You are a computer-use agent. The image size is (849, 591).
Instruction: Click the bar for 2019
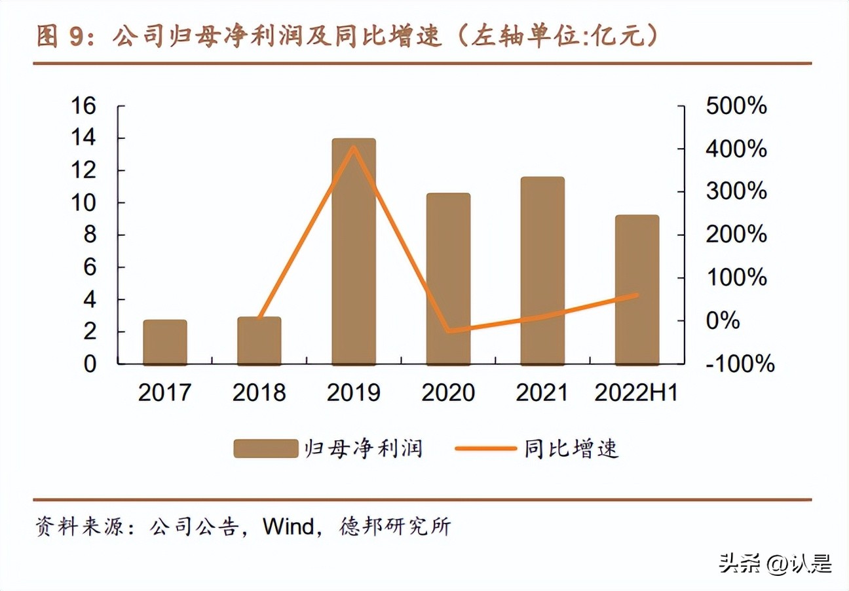point(354,252)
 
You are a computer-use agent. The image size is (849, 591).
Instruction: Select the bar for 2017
point(165,342)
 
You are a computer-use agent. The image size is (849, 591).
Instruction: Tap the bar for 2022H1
point(637,290)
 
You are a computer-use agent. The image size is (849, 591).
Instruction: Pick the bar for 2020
point(448,278)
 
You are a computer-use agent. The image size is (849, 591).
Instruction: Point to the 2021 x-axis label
point(542,392)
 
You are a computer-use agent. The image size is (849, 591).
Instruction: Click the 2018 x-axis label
point(259,392)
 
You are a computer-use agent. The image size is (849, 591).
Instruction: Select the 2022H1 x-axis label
point(636,392)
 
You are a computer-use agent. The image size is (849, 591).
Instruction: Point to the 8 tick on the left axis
point(90,235)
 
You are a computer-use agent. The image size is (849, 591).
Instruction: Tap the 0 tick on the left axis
point(90,364)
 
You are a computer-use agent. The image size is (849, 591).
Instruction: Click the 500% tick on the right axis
point(736,106)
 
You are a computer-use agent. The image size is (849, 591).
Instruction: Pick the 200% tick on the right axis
point(736,235)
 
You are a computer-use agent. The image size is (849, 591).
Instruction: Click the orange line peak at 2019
point(354,147)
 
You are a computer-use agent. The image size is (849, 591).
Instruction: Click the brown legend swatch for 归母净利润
point(265,449)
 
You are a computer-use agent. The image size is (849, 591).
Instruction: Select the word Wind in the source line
point(288,527)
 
